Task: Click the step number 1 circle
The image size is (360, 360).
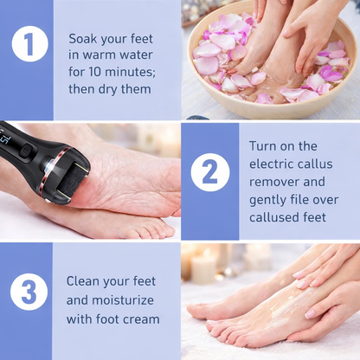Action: [x=29, y=44]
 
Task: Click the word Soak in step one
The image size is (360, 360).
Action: [x=84, y=38]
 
